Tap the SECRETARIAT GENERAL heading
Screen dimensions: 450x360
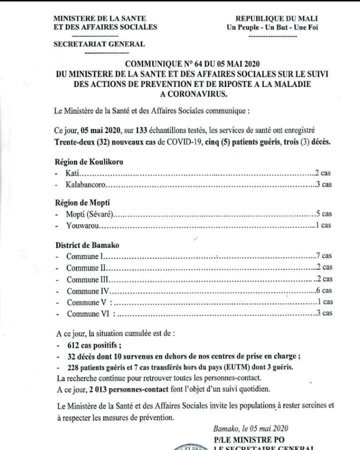[99, 44]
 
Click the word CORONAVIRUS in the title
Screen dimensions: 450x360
[195, 93]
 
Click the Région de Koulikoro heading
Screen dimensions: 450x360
[88, 162]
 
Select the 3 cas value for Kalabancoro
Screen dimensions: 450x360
[323, 184]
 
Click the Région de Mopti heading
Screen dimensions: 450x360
[82, 202]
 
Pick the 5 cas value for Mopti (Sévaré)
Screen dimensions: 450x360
[323, 214]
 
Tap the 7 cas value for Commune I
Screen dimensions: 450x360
[323, 255]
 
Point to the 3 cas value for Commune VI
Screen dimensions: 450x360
[323, 313]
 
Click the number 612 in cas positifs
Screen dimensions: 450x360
[73, 345]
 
